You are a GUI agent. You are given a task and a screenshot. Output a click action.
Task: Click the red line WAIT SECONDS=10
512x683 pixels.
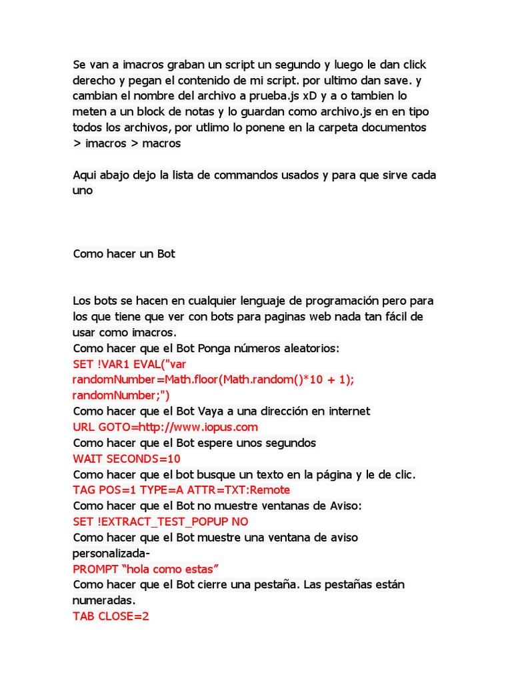(127, 459)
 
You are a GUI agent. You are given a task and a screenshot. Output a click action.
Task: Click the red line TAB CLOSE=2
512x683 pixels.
(111, 616)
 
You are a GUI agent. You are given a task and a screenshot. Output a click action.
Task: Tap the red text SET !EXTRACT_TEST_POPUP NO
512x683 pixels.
(160, 522)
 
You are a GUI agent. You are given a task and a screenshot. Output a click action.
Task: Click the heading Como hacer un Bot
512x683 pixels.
(124, 254)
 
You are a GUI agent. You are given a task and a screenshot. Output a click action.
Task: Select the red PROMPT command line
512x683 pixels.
(146, 569)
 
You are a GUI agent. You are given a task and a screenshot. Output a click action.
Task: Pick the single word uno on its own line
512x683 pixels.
(83, 191)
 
